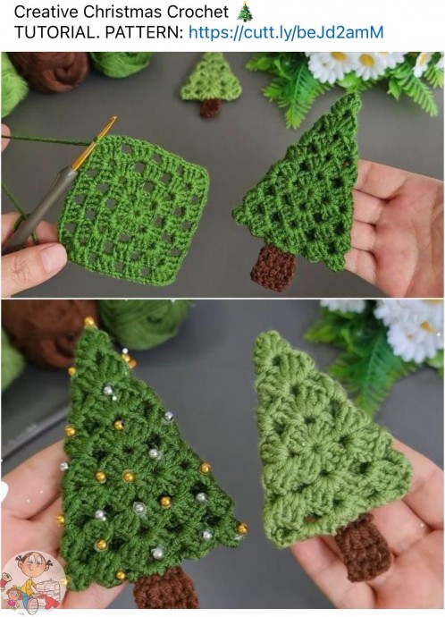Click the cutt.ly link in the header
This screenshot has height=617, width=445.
click(x=286, y=33)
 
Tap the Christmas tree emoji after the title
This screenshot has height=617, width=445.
click(x=245, y=12)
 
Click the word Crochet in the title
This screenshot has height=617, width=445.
click(x=197, y=13)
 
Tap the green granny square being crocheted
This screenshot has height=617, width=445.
click(x=134, y=208)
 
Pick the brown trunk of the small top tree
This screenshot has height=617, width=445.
click(x=210, y=108)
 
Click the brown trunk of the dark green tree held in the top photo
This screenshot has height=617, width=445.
click(x=273, y=267)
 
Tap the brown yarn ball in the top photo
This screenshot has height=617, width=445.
click(x=49, y=71)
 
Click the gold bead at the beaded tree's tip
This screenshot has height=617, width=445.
click(x=89, y=322)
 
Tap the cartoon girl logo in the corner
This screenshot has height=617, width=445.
click(x=33, y=581)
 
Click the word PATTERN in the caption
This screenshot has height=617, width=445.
click(x=144, y=33)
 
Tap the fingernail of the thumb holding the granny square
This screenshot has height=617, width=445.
click(x=54, y=257)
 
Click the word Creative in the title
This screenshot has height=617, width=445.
click(x=46, y=13)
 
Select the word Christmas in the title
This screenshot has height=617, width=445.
click(x=122, y=13)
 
